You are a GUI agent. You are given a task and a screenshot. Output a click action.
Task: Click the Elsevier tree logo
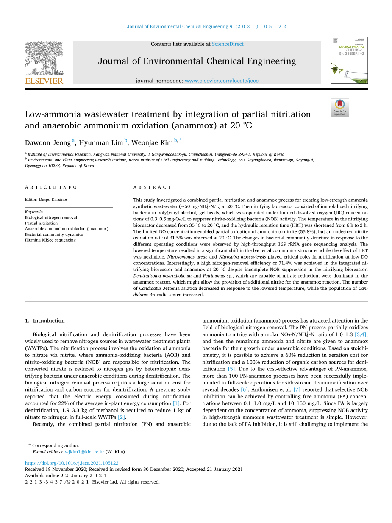tap(44, 59)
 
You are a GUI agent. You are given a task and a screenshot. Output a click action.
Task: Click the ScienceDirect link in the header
tap(228, 44)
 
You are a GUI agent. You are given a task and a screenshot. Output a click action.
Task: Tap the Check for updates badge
tap(339, 108)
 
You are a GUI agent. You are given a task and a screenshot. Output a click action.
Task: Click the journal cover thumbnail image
tap(349, 61)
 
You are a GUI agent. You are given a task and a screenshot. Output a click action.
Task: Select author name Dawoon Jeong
tap(48, 143)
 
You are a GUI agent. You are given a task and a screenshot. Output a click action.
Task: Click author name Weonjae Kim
tap(152, 143)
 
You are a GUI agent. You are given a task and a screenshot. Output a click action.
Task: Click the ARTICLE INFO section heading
tap(51, 187)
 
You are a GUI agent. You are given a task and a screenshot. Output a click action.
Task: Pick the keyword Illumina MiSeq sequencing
tap(50, 240)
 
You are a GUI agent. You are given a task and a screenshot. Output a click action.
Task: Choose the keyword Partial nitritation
tap(41, 223)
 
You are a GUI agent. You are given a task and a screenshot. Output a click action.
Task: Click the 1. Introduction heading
tap(45, 320)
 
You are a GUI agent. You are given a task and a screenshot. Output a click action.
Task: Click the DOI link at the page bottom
tap(72, 463)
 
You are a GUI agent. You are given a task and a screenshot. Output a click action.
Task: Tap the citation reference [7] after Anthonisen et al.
tap(297, 389)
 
